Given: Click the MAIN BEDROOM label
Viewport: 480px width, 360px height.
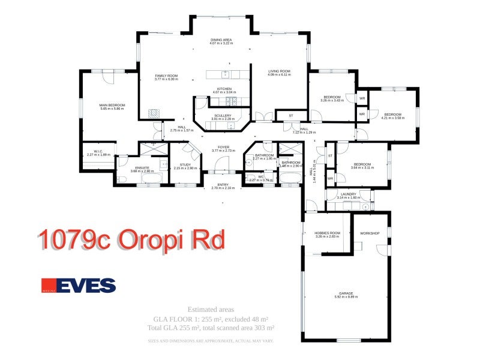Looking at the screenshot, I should [x=100, y=105].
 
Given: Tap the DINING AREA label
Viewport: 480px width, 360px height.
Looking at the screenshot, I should [x=221, y=40].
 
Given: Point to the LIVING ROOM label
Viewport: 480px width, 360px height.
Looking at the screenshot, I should [x=279, y=71].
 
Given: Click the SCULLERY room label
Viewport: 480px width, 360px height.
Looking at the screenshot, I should [x=222, y=115].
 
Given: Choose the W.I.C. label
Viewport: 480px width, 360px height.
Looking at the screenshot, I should [x=98, y=151].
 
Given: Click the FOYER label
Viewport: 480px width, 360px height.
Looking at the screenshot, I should [x=224, y=147].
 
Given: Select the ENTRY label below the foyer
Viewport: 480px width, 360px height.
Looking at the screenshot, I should [x=224, y=184].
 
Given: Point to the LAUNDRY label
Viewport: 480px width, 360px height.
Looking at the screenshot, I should [x=348, y=194].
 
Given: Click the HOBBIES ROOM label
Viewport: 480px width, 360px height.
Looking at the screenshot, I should [x=327, y=233].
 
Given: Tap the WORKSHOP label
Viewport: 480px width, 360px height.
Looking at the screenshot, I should [x=370, y=233].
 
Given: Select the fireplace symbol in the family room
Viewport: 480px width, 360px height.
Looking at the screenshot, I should [x=154, y=112].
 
